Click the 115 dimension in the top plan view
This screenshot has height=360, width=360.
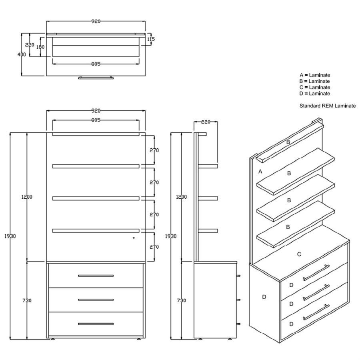pyautogui.click(x=151, y=39)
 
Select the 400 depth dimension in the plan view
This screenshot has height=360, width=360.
pyautogui.click(x=22, y=54)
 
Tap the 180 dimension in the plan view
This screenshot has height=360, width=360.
pyautogui.click(x=40, y=47)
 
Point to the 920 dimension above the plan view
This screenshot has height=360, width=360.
pyautogui.click(x=96, y=21)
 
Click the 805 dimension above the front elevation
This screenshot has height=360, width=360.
pyautogui.click(x=96, y=120)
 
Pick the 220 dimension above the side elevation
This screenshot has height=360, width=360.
pyautogui.click(x=206, y=122)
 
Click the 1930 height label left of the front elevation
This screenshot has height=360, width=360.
pyautogui.click(x=10, y=236)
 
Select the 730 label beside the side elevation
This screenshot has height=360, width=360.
pyautogui.click(x=181, y=300)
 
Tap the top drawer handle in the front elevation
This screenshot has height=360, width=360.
pyautogui.click(x=96, y=276)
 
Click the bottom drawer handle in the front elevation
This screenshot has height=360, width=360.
pyautogui.click(x=96, y=324)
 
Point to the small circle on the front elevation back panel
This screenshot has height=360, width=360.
pyautogui.click(x=134, y=238)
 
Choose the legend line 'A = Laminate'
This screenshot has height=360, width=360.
pyautogui.click(x=315, y=75)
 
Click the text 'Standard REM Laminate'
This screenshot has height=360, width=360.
pyautogui.click(x=328, y=106)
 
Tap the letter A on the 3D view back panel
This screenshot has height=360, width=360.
pyautogui.click(x=260, y=172)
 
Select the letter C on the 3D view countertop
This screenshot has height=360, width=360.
pyautogui.click(x=299, y=254)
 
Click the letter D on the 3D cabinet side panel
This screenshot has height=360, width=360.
pyautogui.click(x=264, y=297)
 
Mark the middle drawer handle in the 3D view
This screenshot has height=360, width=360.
pyautogui.click(x=316, y=292)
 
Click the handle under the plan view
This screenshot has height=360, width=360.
pyautogui.click(x=96, y=78)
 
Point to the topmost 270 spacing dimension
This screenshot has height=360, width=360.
pyautogui.click(x=154, y=150)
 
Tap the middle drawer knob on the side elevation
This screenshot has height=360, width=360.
pyautogui.click(x=238, y=300)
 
